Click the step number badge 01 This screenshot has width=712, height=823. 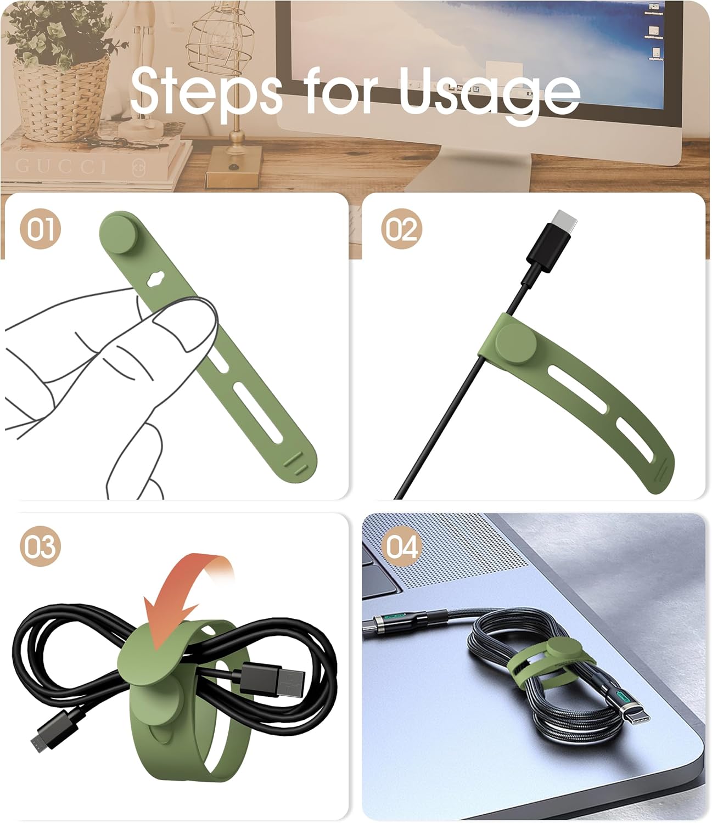[40, 229]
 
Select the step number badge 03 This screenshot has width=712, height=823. [40, 547]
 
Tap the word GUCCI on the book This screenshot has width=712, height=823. [60, 166]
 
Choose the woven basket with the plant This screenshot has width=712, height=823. [60, 93]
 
